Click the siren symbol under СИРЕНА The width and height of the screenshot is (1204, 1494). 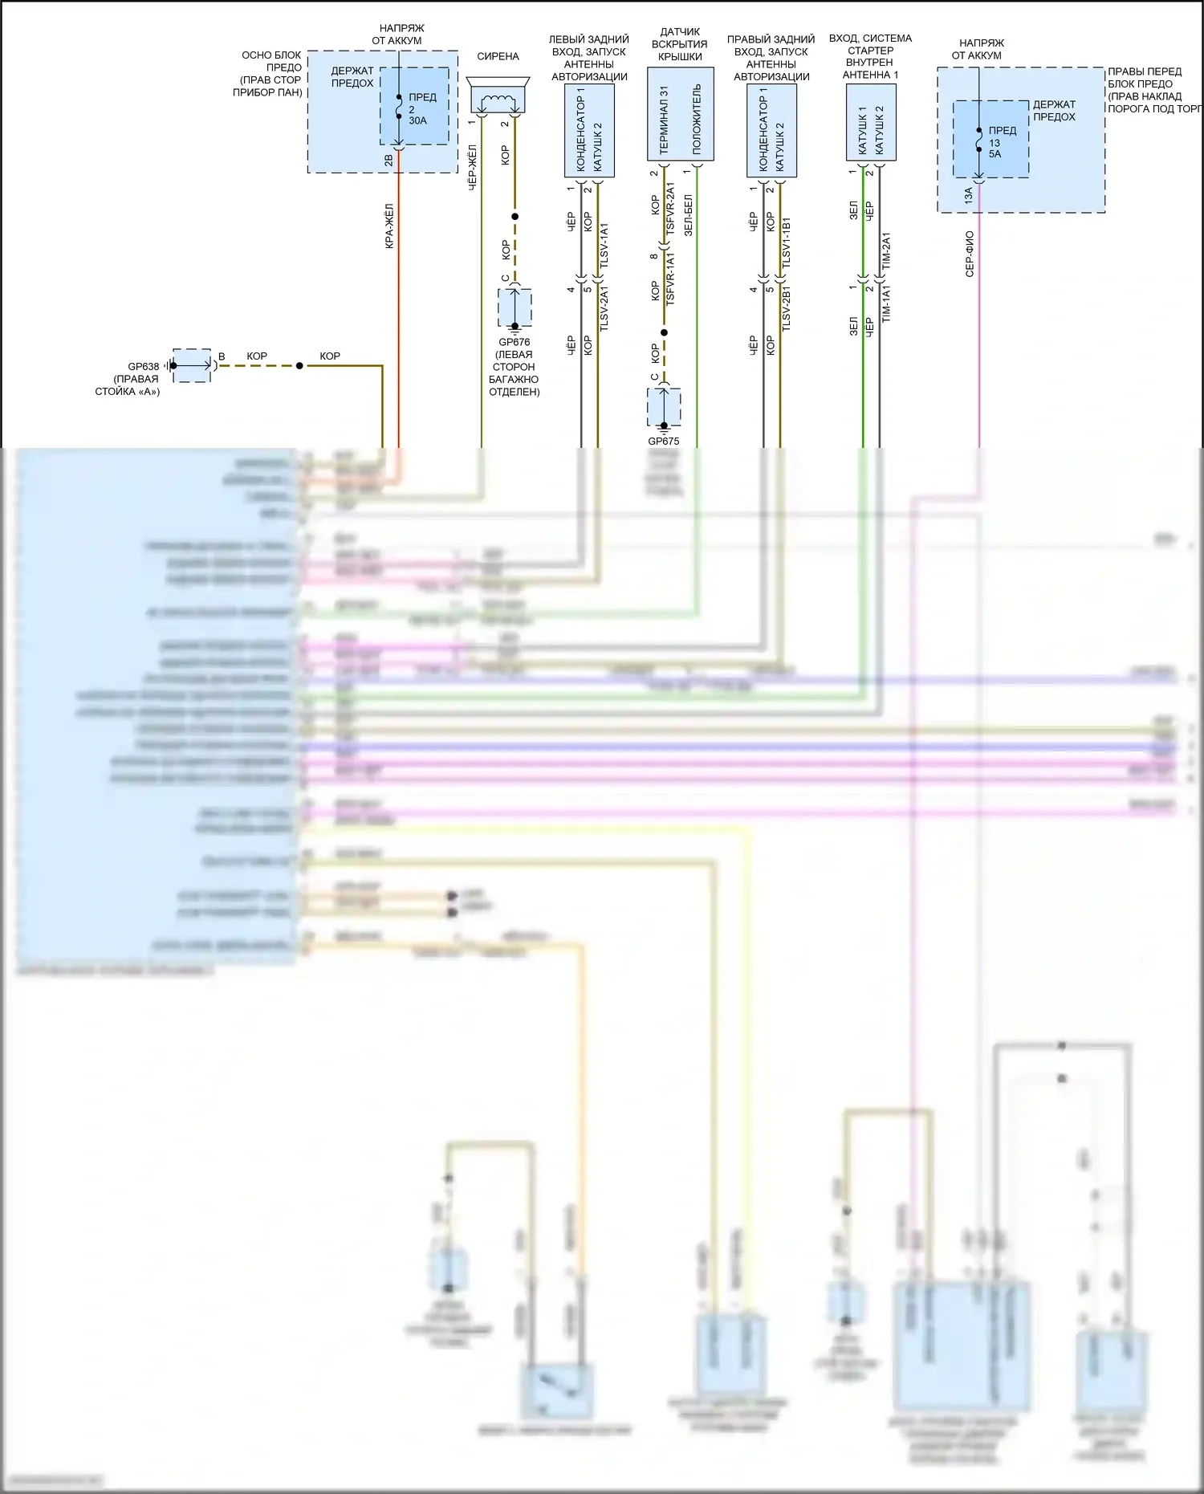[498, 96]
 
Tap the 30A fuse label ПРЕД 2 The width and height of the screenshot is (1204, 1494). [421, 108]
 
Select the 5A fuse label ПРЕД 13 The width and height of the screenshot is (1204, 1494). [1001, 141]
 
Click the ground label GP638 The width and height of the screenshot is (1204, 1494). [144, 367]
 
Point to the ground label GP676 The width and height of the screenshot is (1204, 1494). [515, 342]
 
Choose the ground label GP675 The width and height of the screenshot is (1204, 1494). [664, 441]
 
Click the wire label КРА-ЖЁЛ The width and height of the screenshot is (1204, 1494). [389, 226]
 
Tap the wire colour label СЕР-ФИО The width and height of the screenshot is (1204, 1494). [970, 254]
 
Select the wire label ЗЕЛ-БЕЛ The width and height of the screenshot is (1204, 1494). [688, 214]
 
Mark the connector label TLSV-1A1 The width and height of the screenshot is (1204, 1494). [604, 246]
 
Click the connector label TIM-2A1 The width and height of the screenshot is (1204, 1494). [886, 250]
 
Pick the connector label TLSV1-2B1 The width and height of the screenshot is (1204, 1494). [787, 307]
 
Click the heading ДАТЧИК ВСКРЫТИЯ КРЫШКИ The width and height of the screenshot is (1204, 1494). [680, 44]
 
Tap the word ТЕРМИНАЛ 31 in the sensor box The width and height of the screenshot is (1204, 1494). [664, 120]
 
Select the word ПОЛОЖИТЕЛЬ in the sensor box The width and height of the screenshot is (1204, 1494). [696, 120]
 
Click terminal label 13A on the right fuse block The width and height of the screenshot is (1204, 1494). [969, 195]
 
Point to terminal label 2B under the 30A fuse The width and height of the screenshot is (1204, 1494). [388, 161]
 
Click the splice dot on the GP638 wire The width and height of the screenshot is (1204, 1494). [299, 366]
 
